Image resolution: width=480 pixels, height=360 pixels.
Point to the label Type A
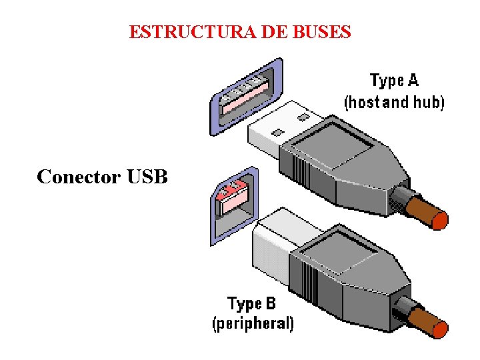coord(394,81)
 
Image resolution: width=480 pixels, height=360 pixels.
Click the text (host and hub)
coord(394,102)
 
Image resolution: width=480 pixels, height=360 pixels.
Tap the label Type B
coord(251,304)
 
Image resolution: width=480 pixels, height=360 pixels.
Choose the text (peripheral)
coord(253,324)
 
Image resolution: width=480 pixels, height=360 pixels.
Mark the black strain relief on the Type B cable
coord(402,308)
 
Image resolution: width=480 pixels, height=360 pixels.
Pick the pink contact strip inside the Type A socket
coord(243,99)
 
